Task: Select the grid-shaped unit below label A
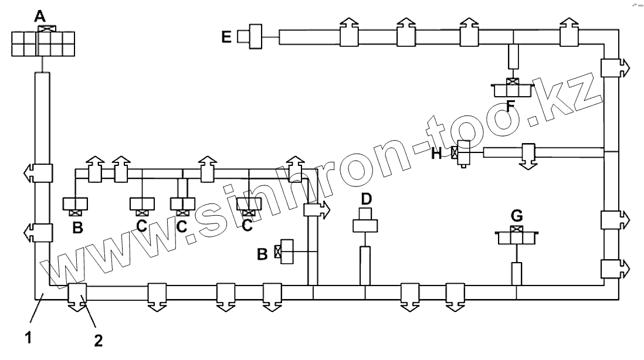(x=43, y=43)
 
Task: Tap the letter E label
(x=228, y=38)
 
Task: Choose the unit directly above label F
(x=513, y=89)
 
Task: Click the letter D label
(x=366, y=199)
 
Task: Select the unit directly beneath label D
(x=365, y=225)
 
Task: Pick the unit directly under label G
(x=516, y=236)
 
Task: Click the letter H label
(x=436, y=154)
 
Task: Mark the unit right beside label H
(x=464, y=154)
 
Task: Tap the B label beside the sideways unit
(x=263, y=253)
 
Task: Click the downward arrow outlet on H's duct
(x=528, y=156)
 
